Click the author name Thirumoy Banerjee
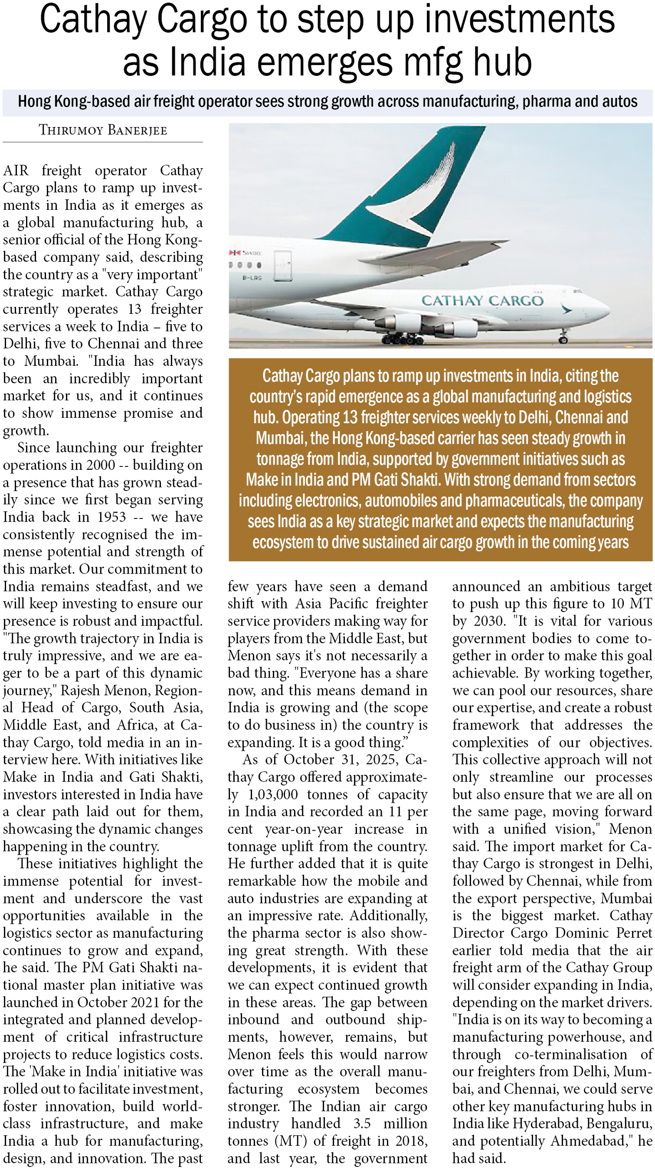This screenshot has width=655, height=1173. [102, 130]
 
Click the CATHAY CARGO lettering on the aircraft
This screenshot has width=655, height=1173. [482, 300]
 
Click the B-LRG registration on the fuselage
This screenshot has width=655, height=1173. [252, 277]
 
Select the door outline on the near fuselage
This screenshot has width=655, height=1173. [282, 265]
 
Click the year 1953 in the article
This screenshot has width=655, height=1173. [111, 517]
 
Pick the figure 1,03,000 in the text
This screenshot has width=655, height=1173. [272, 795]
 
